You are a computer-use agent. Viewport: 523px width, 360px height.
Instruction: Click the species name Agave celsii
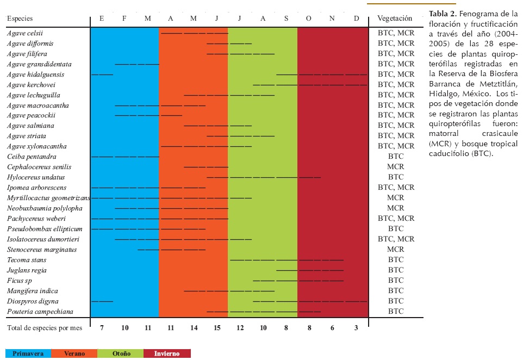tap(26, 33)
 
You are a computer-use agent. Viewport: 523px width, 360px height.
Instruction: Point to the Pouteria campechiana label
tap(40, 312)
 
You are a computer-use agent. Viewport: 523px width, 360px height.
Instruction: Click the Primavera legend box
tap(28, 353)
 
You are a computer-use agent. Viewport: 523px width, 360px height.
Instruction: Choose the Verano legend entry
tap(74, 353)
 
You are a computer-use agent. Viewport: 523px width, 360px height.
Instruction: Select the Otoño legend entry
tap(121, 353)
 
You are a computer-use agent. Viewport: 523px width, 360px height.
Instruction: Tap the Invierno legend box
tap(167, 353)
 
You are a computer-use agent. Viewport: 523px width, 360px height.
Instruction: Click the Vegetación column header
tap(395, 18)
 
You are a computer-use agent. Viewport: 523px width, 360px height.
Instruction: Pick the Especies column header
tap(20, 18)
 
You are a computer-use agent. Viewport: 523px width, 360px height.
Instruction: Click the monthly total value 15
tap(217, 327)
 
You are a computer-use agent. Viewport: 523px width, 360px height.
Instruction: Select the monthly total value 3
tap(356, 327)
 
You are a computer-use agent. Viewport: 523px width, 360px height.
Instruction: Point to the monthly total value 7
tap(102, 327)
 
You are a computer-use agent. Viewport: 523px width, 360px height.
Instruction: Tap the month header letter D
tap(356, 18)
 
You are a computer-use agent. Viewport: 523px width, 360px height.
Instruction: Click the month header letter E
tap(102, 18)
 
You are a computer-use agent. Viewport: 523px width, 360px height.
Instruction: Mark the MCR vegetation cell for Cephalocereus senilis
tap(395, 167)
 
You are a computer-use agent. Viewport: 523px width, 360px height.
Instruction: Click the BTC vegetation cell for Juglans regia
tap(395, 270)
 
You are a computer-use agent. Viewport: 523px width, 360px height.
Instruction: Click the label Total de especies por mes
tap(44, 327)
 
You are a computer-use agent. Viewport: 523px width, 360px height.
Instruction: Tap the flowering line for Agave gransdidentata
tap(136, 64)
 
